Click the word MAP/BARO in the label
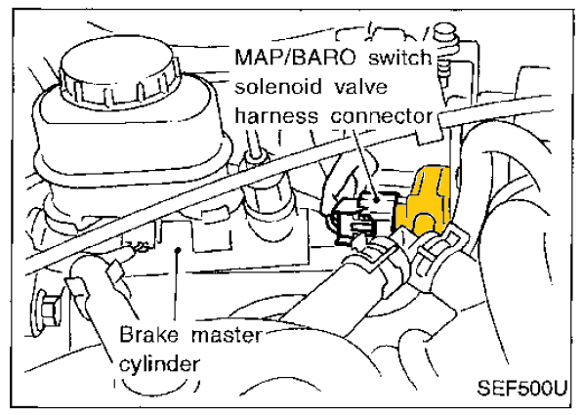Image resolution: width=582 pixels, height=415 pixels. tap(296, 58)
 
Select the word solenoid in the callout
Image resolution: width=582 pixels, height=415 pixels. tap(278, 87)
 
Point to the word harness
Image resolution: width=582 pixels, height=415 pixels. tap(276, 115)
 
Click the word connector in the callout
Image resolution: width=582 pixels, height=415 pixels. tap(383, 116)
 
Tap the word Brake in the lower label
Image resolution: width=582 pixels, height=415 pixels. tap(148, 335)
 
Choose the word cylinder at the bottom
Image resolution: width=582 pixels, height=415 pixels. tap(159, 364)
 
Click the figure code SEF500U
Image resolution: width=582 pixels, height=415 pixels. tap(522, 388)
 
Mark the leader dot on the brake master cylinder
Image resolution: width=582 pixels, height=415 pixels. tap(178, 250)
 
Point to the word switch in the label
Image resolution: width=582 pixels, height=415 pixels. tap(400, 58)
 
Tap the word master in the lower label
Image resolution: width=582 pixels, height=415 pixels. tap(227, 336)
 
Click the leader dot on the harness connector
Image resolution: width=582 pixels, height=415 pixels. tap(376, 200)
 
